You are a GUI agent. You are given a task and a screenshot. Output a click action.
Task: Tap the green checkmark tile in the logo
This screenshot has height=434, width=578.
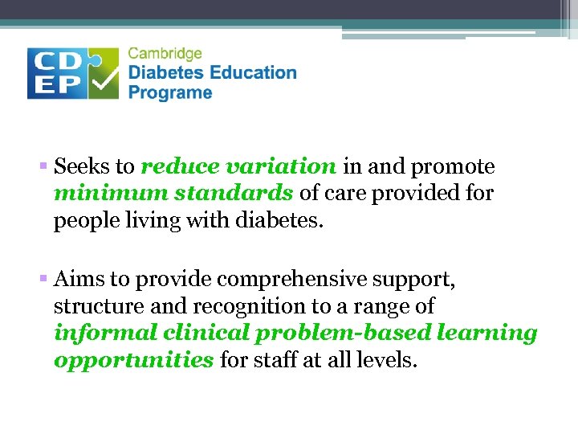point(103,73)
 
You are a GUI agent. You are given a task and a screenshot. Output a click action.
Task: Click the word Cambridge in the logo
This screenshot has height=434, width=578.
point(165,54)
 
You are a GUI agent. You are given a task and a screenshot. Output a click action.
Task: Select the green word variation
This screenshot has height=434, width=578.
point(280,167)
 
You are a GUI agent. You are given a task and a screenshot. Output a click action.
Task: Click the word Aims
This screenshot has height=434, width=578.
point(79,280)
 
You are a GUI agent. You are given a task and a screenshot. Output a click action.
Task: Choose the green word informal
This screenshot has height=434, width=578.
point(104,333)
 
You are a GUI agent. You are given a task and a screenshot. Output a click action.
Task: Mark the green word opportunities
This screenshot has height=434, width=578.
point(133,359)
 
